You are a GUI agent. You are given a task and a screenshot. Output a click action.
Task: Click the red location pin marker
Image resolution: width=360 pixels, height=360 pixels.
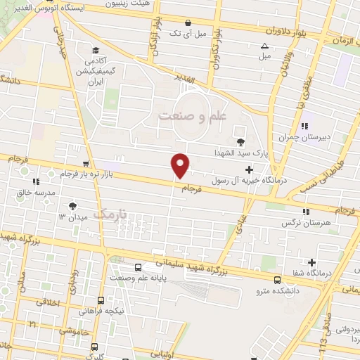(x=181, y=165)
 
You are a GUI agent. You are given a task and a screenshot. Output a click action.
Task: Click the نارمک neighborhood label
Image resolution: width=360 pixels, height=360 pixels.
(x=112, y=212)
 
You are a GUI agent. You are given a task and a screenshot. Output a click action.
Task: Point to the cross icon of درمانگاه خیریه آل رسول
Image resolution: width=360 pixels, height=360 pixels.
(x=250, y=169)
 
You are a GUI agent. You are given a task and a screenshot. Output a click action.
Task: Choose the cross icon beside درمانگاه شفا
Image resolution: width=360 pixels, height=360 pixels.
(x=311, y=263)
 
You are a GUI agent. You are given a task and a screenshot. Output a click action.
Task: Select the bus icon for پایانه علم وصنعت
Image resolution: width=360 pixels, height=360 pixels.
(x=138, y=268)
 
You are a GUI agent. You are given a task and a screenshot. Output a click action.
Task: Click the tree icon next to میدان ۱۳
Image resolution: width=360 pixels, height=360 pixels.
(x=73, y=206)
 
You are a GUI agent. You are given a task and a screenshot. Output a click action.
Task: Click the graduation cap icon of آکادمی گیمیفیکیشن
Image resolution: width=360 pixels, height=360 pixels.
(x=96, y=50)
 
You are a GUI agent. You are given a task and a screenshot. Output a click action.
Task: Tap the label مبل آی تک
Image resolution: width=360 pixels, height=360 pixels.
(x=190, y=33)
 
